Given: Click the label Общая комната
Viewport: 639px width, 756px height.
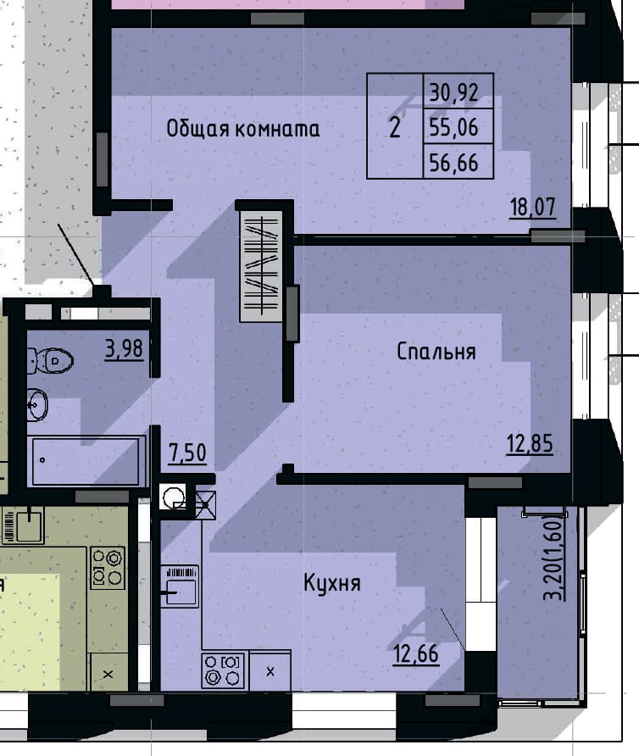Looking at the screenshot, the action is click(x=242, y=129).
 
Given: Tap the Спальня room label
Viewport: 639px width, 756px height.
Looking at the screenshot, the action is click(x=436, y=352).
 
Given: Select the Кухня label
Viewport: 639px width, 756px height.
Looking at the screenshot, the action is click(x=332, y=583).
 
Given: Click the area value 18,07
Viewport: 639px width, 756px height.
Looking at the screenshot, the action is click(x=533, y=208).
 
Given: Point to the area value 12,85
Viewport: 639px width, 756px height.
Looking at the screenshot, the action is click(x=530, y=443).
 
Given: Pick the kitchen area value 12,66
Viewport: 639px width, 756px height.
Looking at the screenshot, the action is click(x=416, y=654).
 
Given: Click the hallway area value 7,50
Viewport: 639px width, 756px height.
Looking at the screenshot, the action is click(x=187, y=453).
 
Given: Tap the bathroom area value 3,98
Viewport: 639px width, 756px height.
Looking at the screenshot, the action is click(x=124, y=348).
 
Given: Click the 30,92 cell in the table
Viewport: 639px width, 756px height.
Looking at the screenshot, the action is click(x=458, y=92).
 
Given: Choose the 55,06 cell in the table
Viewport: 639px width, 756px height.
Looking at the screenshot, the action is click(x=458, y=126).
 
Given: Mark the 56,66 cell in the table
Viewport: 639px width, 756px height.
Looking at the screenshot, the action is click(x=458, y=162).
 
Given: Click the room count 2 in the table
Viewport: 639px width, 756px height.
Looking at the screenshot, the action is click(x=394, y=127).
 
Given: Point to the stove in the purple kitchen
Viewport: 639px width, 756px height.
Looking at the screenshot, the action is click(x=223, y=670).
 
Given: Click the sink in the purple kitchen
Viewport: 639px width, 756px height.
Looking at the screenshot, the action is click(x=180, y=586).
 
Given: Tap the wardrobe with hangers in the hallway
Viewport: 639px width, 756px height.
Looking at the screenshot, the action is click(x=261, y=266).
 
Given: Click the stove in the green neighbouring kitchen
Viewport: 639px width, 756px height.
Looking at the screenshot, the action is click(x=108, y=568).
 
